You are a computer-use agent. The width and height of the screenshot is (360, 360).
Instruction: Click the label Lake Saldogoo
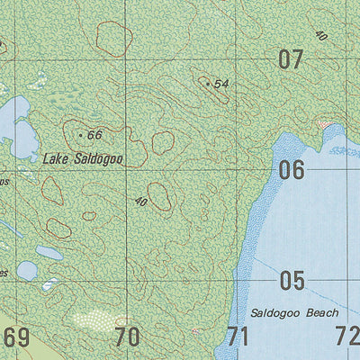[x=82, y=158]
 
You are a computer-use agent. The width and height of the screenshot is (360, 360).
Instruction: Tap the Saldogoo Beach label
[x=294, y=313]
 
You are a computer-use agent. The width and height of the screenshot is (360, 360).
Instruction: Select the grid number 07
[x=291, y=61]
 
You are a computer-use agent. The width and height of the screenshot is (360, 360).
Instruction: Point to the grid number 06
[x=291, y=169]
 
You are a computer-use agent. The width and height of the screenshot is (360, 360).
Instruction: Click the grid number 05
[x=291, y=281]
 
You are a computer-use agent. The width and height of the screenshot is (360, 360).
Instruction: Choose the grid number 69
[x=16, y=338]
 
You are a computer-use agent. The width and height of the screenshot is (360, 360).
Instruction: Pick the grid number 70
[x=128, y=338]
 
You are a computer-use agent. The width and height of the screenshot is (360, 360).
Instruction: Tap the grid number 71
[x=237, y=338]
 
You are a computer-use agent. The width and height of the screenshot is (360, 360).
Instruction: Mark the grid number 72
[x=346, y=338]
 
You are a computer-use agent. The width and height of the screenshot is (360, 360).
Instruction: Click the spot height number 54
[x=222, y=84]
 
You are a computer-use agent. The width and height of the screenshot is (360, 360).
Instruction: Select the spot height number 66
[x=94, y=135]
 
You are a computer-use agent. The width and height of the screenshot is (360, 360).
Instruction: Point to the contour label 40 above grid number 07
[x=321, y=33]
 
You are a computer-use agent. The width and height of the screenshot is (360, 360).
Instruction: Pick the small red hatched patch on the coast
[x=324, y=124]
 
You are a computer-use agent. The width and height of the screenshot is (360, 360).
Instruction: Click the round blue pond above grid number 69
[x=27, y=270]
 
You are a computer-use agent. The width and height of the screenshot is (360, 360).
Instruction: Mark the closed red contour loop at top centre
[x=112, y=40]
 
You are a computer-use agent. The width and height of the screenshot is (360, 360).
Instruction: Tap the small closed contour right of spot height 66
[x=163, y=142]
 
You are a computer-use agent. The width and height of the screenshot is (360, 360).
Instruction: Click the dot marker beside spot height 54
[x=208, y=84]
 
